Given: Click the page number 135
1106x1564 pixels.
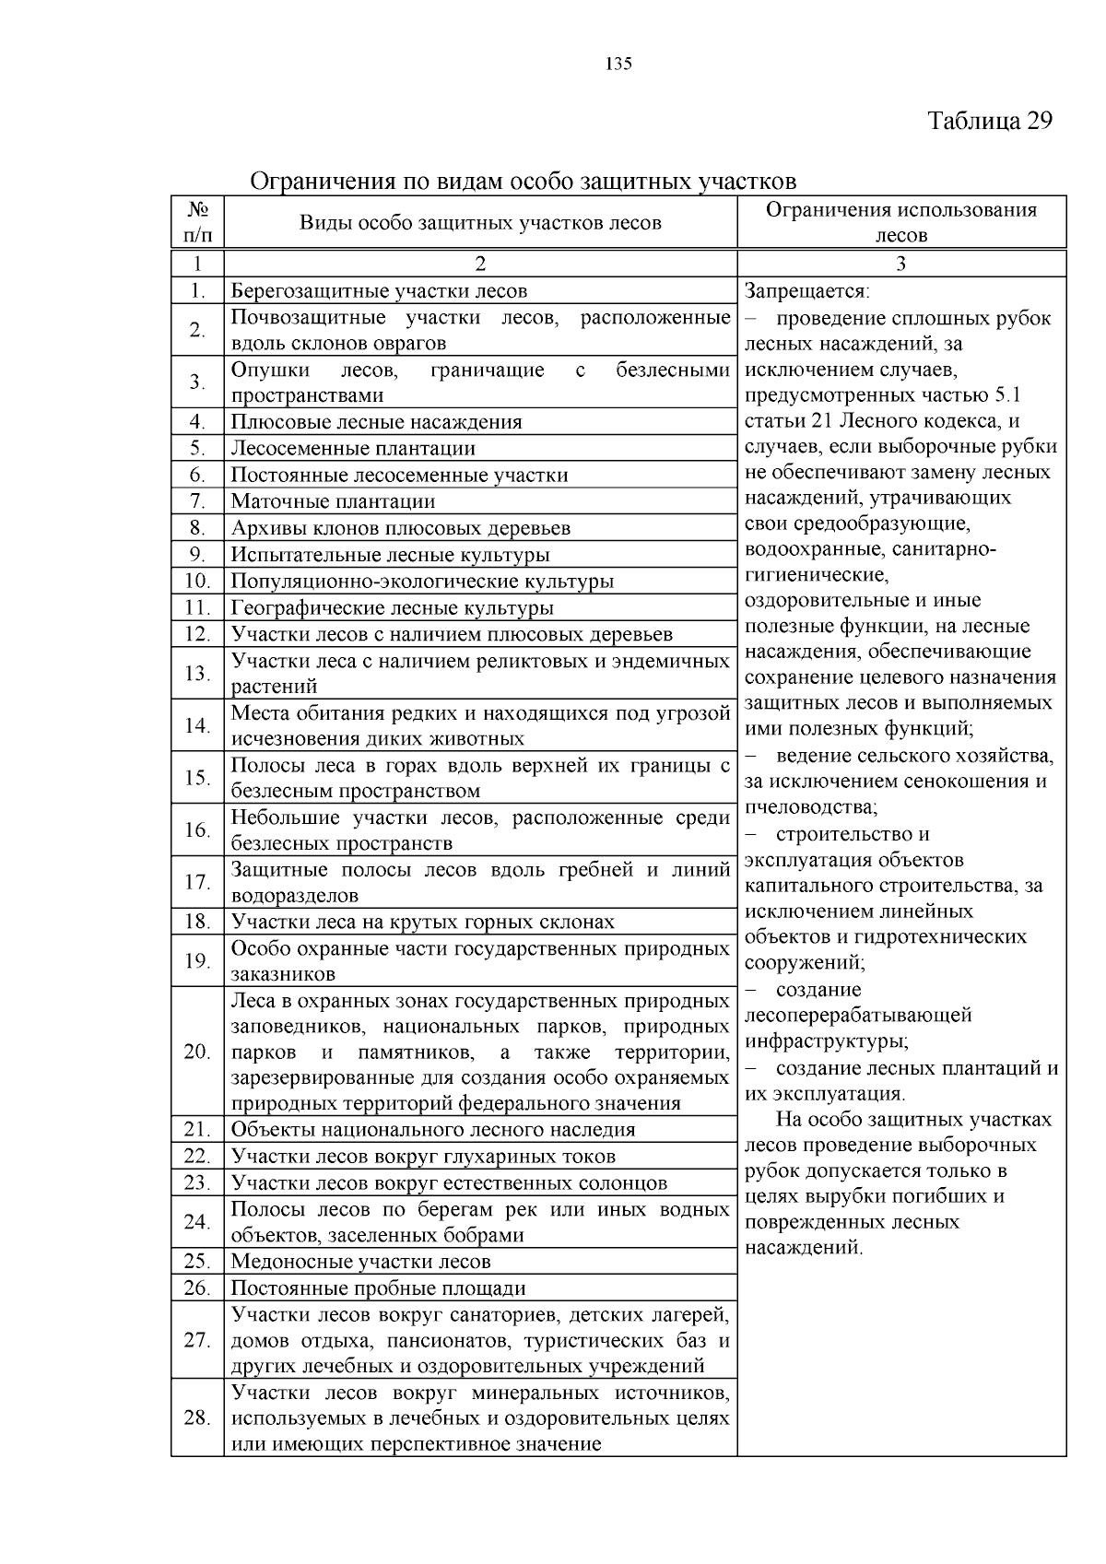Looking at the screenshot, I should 618,64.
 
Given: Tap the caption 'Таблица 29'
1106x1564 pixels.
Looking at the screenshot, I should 989,122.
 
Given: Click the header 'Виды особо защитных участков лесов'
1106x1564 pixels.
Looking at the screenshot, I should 480,223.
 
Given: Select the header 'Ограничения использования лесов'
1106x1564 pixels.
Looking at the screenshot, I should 900,222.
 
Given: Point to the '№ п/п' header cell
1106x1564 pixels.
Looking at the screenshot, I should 197,222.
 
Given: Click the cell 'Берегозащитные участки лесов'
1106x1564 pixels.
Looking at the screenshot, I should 379,291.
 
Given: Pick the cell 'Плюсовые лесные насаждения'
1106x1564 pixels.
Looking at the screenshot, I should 376,422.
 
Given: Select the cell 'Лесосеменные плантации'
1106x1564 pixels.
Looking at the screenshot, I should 353,449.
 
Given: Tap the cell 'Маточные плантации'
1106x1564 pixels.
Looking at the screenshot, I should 333,502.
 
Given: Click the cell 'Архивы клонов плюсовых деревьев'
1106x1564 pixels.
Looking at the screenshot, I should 400,528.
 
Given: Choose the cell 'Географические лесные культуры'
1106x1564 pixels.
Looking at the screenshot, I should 392,608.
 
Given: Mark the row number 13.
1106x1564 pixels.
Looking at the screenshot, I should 197,674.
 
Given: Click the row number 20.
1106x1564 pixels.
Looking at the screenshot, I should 197,1052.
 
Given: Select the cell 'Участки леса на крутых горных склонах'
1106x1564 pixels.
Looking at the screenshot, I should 422,923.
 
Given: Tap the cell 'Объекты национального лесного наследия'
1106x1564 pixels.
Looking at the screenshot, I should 433,1130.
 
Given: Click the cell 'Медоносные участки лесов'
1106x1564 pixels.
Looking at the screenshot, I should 360,1262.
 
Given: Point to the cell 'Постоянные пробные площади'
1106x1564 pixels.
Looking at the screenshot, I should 378,1288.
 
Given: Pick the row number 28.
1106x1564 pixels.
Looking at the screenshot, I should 197,1417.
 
